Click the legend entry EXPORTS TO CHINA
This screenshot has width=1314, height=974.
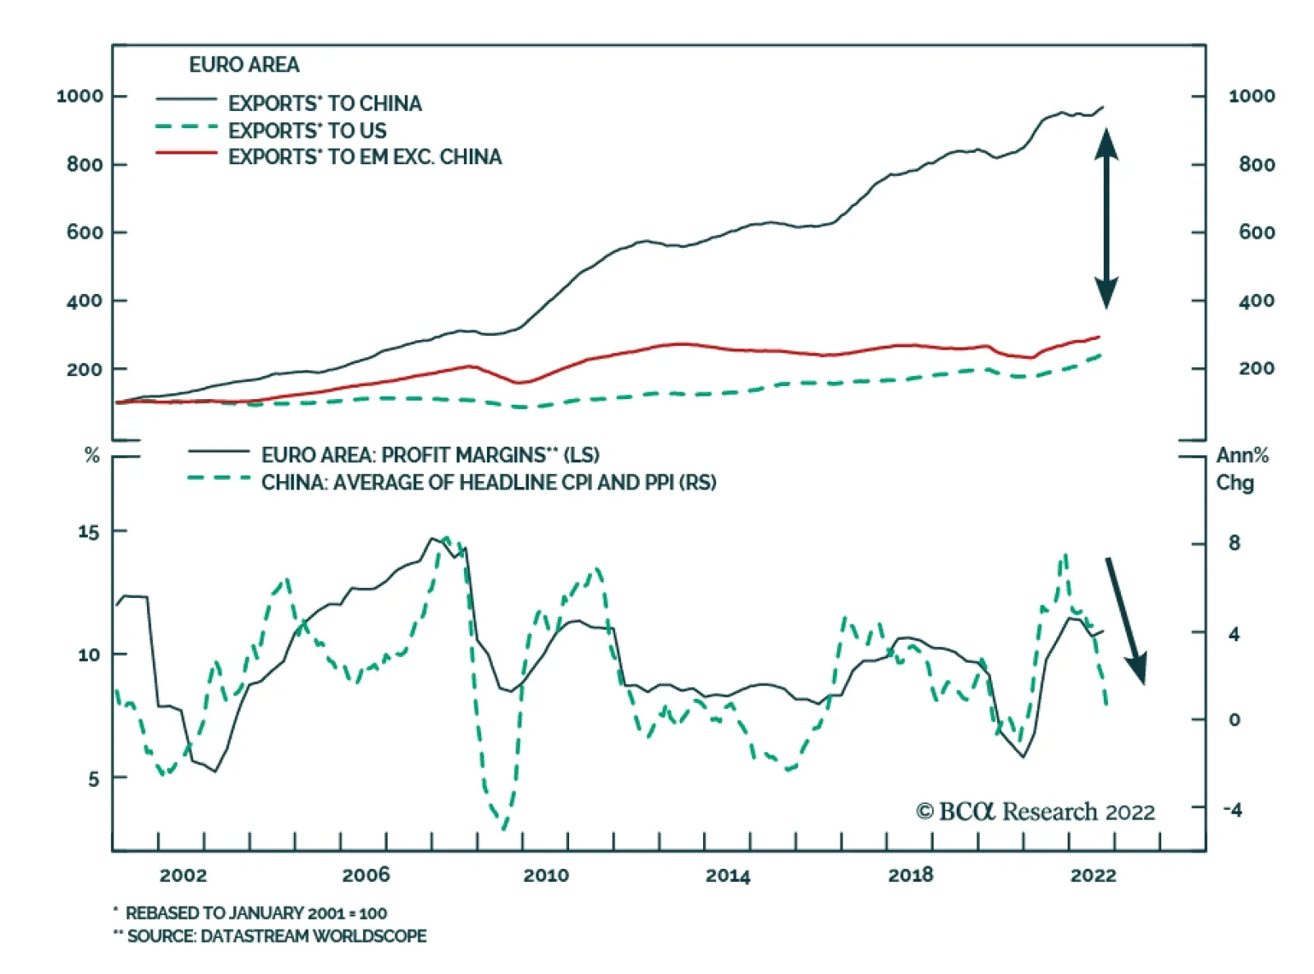(324, 103)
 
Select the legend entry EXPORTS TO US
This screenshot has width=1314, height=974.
(307, 131)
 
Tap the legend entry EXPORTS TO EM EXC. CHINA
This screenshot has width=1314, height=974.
(365, 157)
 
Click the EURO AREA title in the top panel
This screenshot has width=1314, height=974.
(244, 65)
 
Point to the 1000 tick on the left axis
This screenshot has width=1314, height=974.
(80, 96)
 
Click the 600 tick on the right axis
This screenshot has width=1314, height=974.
(1257, 232)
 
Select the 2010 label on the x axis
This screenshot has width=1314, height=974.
(546, 875)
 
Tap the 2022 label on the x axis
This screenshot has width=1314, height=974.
(1093, 875)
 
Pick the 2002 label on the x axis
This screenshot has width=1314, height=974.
(183, 875)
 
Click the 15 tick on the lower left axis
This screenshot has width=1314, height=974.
(88, 532)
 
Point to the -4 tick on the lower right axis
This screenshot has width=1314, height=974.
(1233, 810)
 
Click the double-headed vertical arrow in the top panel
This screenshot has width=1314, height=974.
(1106, 218)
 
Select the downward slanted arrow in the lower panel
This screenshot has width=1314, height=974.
(1125, 620)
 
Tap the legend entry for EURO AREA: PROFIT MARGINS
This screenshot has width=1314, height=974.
(430, 455)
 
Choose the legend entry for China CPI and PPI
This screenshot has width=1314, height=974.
(489, 482)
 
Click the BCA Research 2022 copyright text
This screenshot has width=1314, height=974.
(1036, 812)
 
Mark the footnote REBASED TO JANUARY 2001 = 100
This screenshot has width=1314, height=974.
(255, 913)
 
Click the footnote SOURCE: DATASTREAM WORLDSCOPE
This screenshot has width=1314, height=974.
(276, 936)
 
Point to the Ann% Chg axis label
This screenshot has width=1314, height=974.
(1242, 468)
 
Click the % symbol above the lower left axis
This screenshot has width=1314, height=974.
(92, 456)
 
